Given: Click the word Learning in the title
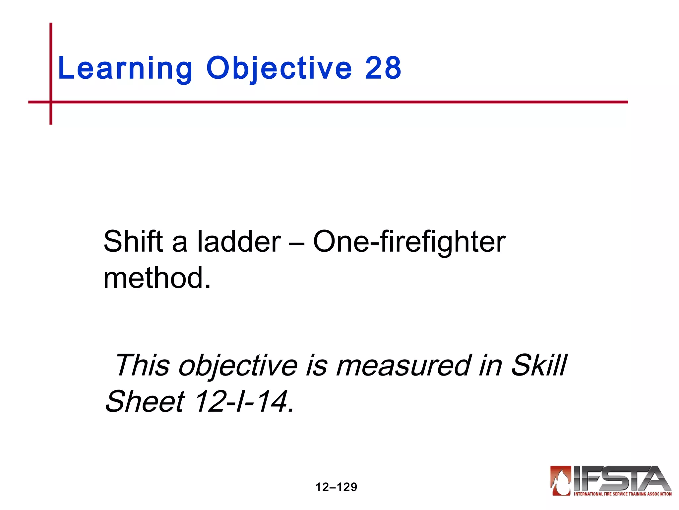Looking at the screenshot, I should click(x=125, y=68).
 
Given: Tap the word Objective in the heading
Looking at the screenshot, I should click(x=279, y=68).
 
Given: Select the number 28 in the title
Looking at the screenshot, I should click(x=383, y=68).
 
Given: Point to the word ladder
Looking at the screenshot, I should click(x=239, y=241).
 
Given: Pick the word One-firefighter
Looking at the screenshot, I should click(x=409, y=241).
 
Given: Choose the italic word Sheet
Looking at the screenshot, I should click(x=145, y=401).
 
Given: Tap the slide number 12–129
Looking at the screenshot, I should click(x=336, y=487).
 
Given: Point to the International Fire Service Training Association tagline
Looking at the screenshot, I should click(x=623, y=494).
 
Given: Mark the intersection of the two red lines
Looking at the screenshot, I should click(x=51, y=102).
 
